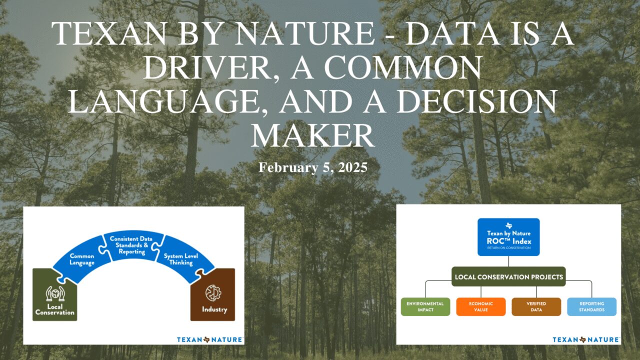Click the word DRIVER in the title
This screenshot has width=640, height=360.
point(207,67)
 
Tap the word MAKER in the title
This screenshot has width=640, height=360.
point(312,134)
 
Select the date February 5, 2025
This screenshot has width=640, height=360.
point(313,167)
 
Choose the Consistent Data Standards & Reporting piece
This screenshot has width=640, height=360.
point(131,245)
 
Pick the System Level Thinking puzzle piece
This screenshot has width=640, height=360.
point(183,259)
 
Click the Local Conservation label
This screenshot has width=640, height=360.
point(54,309)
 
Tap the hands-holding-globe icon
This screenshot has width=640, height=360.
point(55,293)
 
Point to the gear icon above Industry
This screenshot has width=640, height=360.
point(213,293)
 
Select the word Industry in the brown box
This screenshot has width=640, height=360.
point(214,309)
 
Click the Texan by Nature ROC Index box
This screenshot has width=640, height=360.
point(508,237)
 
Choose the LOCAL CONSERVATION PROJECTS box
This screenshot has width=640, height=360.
point(508,276)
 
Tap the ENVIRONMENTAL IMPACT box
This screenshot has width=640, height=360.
point(425,306)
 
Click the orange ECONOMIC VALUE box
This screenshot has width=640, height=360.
point(481,306)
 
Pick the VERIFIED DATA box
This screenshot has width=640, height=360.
point(536,306)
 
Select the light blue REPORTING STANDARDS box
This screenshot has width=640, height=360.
point(591,306)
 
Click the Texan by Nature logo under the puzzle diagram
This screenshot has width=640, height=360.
point(210,339)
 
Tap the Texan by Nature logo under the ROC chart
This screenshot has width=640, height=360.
point(586,339)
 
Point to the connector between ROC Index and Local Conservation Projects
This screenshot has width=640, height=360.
point(508,261)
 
